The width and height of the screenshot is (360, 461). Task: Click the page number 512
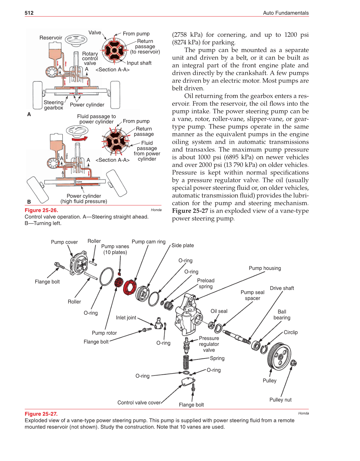point(29,13)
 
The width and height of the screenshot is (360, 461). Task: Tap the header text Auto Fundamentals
point(286,13)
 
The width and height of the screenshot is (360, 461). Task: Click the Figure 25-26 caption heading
point(41,210)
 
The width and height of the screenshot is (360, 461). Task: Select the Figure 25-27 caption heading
point(41,414)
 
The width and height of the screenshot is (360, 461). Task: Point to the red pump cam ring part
point(130,287)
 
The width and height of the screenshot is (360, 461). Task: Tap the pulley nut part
point(293,363)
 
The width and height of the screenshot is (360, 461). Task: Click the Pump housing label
point(265,268)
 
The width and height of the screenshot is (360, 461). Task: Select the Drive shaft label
point(282,288)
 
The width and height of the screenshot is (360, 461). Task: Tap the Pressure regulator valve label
point(209,344)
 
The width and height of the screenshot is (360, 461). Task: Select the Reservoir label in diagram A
point(51,38)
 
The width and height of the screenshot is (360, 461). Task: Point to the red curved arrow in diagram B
point(80,139)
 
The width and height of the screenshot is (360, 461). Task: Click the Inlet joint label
point(126,317)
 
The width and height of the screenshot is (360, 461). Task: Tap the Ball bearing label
point(282,315)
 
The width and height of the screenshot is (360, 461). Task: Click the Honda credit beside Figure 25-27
point(303,413)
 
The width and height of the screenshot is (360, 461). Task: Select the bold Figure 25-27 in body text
point(190,211)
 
